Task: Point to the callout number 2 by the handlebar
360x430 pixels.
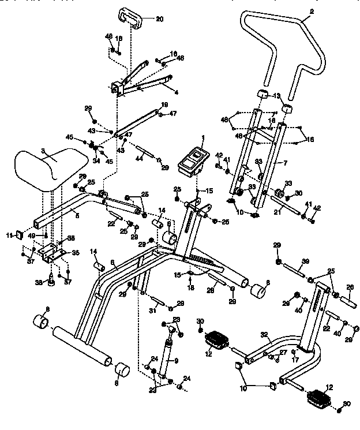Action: [x=313, y=12]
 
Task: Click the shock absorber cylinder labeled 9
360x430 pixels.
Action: [x=167, y=358]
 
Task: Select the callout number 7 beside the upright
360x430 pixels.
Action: [x=285, y=163]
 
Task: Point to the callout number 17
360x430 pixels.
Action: [x=295, y=358]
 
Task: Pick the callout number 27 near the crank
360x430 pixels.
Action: [x=283, y=352]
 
